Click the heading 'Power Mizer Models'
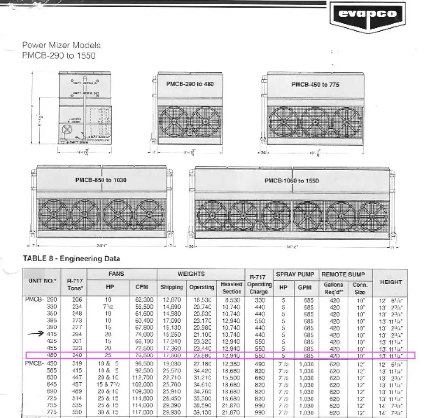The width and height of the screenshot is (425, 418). [61, 45]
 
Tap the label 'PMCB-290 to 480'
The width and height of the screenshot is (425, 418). [190, 84]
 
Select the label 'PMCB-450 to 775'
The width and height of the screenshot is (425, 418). [315, 84]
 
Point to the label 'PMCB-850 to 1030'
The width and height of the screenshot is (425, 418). [101, 180]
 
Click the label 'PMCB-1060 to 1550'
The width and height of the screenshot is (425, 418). [292, 180]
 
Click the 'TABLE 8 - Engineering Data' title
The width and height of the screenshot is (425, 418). [71, 258]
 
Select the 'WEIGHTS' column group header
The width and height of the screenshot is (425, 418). [191, 274]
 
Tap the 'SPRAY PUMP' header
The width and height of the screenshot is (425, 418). [295, 274]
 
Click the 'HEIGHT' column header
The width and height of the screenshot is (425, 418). [391, 282]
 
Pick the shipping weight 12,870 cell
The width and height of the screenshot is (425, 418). [171, 300]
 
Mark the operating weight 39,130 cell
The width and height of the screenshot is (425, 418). [201, 412]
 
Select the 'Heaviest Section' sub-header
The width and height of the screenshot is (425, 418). [232, 288]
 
